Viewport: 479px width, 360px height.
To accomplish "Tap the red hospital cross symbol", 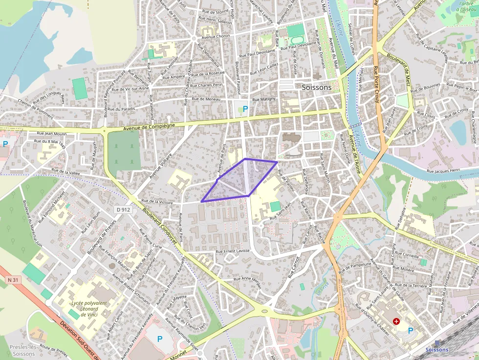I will [x=396, y=321].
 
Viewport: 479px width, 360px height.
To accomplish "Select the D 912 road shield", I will [x=124, y=210].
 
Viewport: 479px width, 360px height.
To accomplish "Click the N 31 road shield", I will [x=13, y=280].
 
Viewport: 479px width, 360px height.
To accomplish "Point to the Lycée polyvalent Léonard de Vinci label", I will [x=89, y=309].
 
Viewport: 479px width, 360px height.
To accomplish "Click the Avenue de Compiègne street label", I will [x=149, y=127].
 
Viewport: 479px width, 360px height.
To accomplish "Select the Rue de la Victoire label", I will [x=157, y=201].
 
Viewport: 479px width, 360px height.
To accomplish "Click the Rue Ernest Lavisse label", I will [x=233, y=251].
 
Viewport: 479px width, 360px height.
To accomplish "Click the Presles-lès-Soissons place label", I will [x=23, y=350].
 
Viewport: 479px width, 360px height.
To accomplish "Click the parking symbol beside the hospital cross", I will [x=411, y=331].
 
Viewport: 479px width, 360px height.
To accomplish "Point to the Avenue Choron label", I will [x=216, y=37].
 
